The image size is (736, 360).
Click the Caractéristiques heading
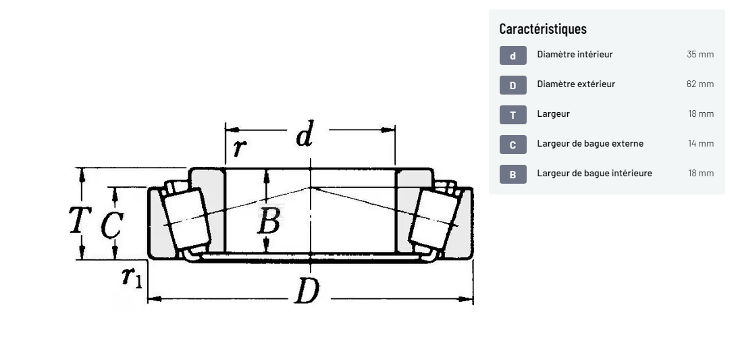tap(543, 28)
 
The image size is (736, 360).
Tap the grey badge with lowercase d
tap(512, 55)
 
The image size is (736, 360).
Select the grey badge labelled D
tap(512, 85)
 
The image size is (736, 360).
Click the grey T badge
tap(512, 115)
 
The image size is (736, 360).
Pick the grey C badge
tap(512, 145)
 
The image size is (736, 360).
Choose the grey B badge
tap(512, 174)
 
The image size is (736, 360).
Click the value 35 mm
tap(700, 55)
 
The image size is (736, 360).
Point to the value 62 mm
tap(700, 84)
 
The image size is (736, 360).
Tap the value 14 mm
tap(701, 144)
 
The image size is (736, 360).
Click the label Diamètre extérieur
tap(576, 84)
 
